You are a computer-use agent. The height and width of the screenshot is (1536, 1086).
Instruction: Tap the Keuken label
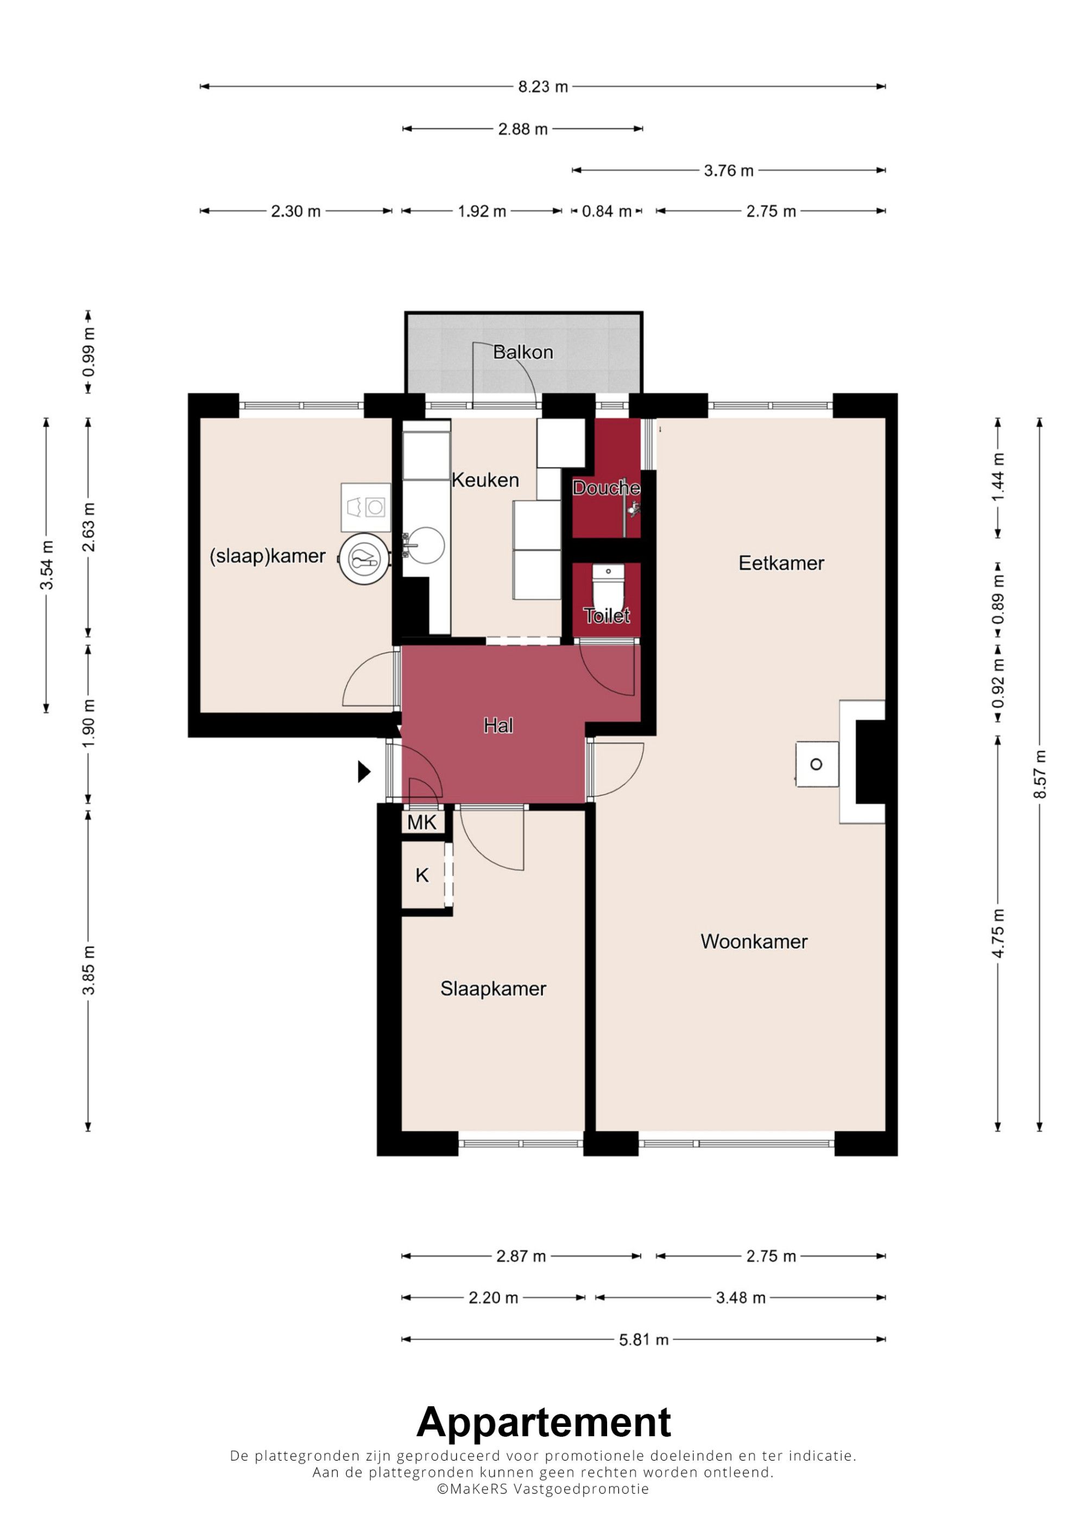485,480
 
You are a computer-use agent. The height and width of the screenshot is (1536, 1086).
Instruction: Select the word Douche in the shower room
606,488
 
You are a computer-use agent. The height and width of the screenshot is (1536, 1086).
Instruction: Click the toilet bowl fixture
608,585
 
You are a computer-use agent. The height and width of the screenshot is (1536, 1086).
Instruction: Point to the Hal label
498,725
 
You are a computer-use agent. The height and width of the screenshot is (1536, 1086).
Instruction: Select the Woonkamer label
754,941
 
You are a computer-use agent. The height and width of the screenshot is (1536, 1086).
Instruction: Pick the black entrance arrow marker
364,771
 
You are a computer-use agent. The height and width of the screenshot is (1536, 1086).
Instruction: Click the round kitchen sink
426,545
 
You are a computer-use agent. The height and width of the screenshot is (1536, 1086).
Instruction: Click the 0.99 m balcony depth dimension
89,352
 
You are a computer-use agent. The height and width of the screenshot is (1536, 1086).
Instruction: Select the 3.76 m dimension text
729,170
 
